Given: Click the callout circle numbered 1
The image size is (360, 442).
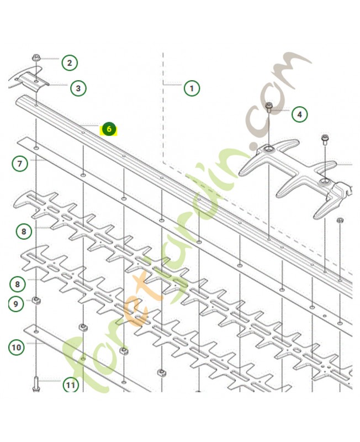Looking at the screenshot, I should [192, 88].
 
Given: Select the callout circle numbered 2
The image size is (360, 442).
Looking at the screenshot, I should [70, 62].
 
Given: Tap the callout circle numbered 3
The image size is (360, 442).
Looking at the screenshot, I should [78, 87].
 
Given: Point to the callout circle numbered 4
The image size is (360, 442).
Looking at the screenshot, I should [299, 114].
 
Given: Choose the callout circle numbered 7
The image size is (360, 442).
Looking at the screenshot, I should [20, 164].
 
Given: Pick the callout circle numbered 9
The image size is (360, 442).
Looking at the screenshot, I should [15, 303].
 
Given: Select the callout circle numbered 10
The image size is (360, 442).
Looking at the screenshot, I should [16, 347].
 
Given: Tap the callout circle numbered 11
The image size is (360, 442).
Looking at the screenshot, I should [70, 385].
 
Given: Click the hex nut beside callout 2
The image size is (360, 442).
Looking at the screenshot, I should [36, 57].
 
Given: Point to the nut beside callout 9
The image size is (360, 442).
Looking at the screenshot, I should [36, 301].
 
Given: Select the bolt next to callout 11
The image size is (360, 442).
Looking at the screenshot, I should [36, 382].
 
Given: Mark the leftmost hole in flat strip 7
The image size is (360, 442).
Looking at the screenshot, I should [36, 149].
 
